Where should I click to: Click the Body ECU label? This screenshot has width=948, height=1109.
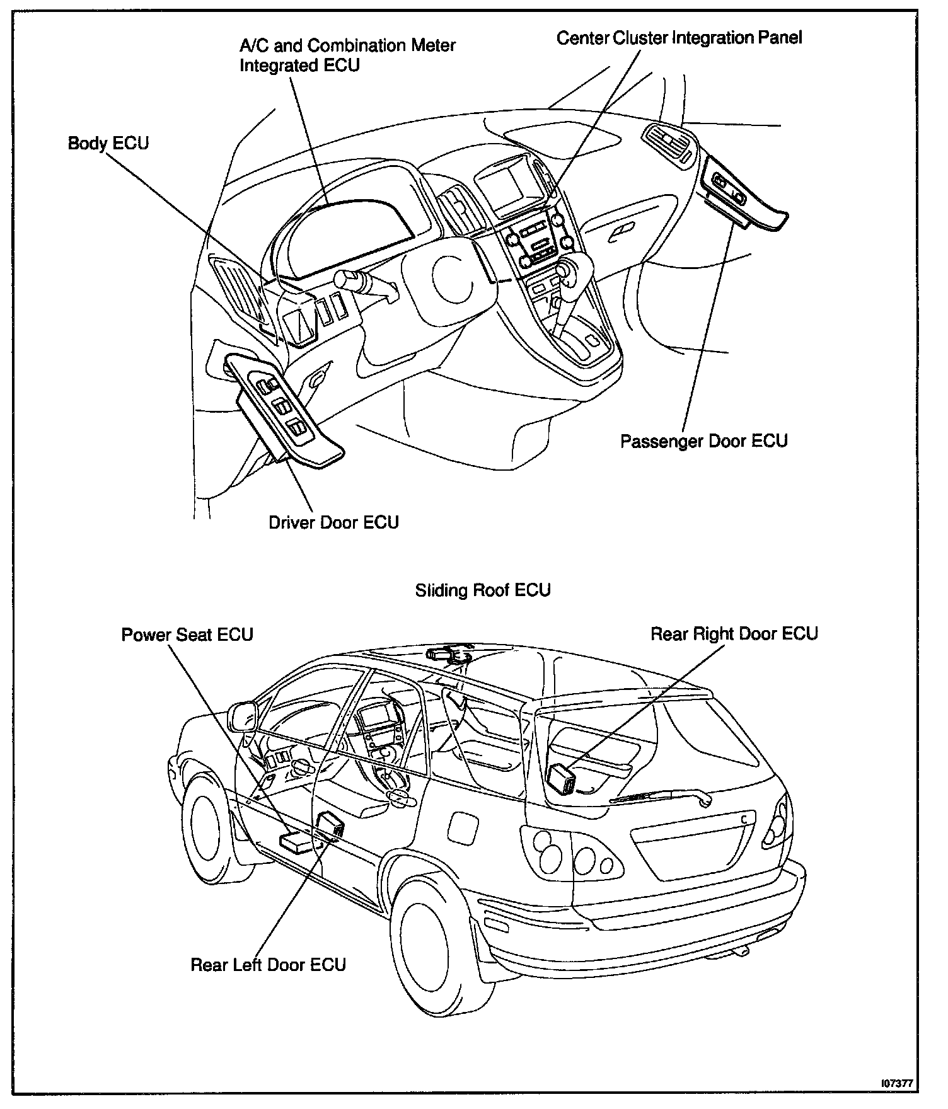[x=108, y=144]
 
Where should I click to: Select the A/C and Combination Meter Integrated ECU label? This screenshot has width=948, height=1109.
[x=347, y=55]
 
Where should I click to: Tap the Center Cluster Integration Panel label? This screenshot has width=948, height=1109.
[x=679, y=38]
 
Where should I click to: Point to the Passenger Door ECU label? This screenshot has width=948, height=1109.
[x=703, y=440]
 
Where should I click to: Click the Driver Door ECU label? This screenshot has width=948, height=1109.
[x=333, y=522]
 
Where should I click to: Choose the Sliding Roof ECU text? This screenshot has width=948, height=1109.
[x=483, y=590]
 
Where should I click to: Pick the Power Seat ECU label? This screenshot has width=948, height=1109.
[x=187, y=634]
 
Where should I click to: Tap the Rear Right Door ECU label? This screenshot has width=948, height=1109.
[x=734, y=633]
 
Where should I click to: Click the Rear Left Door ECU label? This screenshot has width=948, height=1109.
[x=268, y=965]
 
